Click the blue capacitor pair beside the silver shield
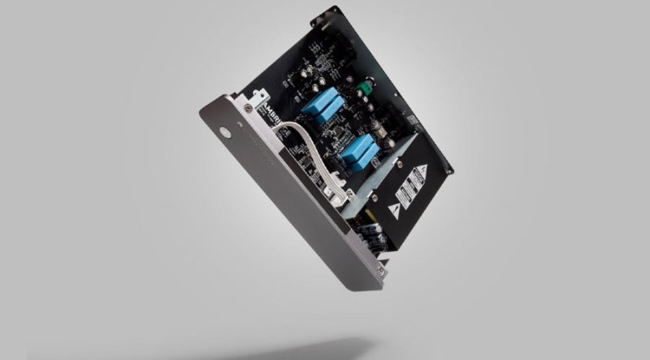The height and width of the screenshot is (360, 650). point(358,151)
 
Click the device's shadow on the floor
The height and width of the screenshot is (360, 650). point(406,345)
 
